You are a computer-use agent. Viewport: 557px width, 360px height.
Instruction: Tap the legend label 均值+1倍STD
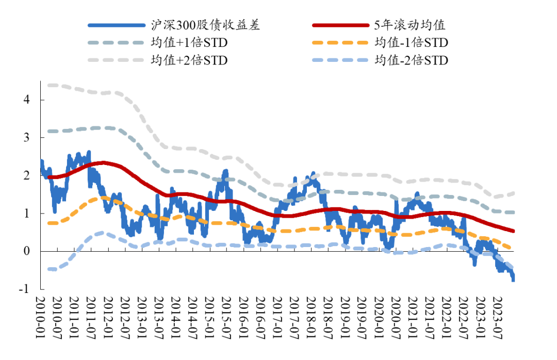189,43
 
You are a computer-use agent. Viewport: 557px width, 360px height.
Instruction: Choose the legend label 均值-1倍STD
412,43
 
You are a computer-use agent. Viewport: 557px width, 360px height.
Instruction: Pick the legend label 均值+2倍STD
189,60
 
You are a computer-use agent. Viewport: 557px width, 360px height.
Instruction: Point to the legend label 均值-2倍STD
412,60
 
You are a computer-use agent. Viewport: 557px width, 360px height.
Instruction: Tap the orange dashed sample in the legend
340,43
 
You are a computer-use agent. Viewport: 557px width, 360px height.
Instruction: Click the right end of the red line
513,231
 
